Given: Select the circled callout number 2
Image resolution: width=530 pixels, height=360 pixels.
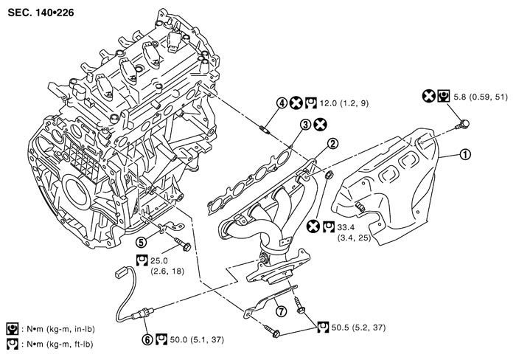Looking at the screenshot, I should pos(333,143).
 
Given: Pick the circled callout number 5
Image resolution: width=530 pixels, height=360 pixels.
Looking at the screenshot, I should pos(141,240).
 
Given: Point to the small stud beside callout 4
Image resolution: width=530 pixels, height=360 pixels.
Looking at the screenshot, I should pos(266,131).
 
